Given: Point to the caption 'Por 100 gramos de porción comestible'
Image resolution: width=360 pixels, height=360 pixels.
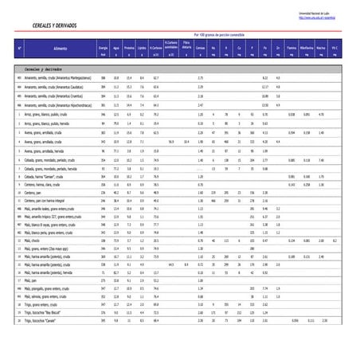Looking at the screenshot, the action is pyautogui.click(x=218, y=34).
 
